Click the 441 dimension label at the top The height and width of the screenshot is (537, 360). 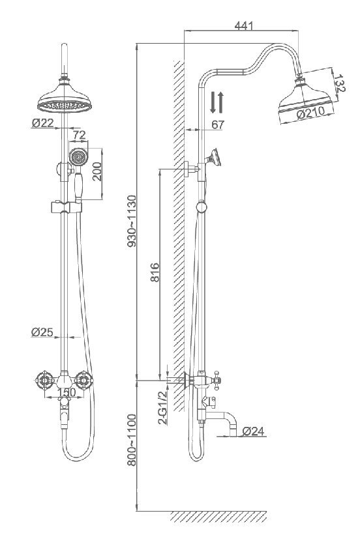tap(244, 25)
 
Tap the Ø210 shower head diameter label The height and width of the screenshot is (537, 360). tap(310, 113)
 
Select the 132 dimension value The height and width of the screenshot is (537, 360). tap(339, 83)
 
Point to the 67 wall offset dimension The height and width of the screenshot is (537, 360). tap(218, 124)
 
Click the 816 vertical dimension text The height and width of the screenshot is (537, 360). tap(155, 272)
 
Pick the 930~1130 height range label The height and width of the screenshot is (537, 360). tap(131, 221)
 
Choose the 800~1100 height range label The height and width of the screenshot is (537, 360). tap(131, 440)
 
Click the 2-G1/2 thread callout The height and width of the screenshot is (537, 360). tap(163, 407)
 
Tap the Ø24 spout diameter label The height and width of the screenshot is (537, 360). tap(254, 431)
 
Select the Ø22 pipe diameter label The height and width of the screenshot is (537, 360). tap(43, 123)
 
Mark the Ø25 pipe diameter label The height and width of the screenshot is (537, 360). tap(42, 332)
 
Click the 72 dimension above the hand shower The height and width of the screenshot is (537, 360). tap(79, 135)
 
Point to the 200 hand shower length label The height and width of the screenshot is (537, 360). tap(97, 171)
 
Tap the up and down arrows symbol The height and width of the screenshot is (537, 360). tap(217, 102)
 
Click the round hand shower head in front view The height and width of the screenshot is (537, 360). tap(79, 158)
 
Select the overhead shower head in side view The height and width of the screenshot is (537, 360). tap(305, 98)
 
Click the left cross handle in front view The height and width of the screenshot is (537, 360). tap(44, 380)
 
